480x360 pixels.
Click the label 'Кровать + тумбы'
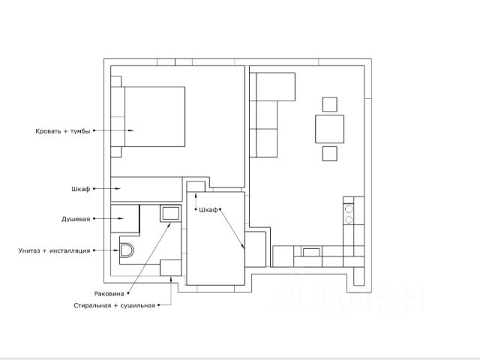63,131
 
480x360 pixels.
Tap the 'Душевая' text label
76,219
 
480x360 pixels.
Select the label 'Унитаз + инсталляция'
54,250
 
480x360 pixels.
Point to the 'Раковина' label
109,294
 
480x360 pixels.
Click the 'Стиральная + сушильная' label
115,305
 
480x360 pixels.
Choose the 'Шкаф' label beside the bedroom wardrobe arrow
81,189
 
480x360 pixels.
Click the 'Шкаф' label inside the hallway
208,210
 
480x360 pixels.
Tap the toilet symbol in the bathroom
127,250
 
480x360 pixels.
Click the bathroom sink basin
170,213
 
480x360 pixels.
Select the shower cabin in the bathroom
125,218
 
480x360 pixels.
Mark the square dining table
330,129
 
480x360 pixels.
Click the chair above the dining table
330,104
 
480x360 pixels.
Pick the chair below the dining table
330,153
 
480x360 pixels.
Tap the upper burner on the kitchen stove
349,209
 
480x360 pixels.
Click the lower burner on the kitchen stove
349,220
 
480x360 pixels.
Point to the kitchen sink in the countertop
311,252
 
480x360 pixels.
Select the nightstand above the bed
116,82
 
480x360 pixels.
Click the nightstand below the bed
116,152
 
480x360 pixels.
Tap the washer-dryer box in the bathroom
170,268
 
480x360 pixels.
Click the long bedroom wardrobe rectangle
146,190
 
